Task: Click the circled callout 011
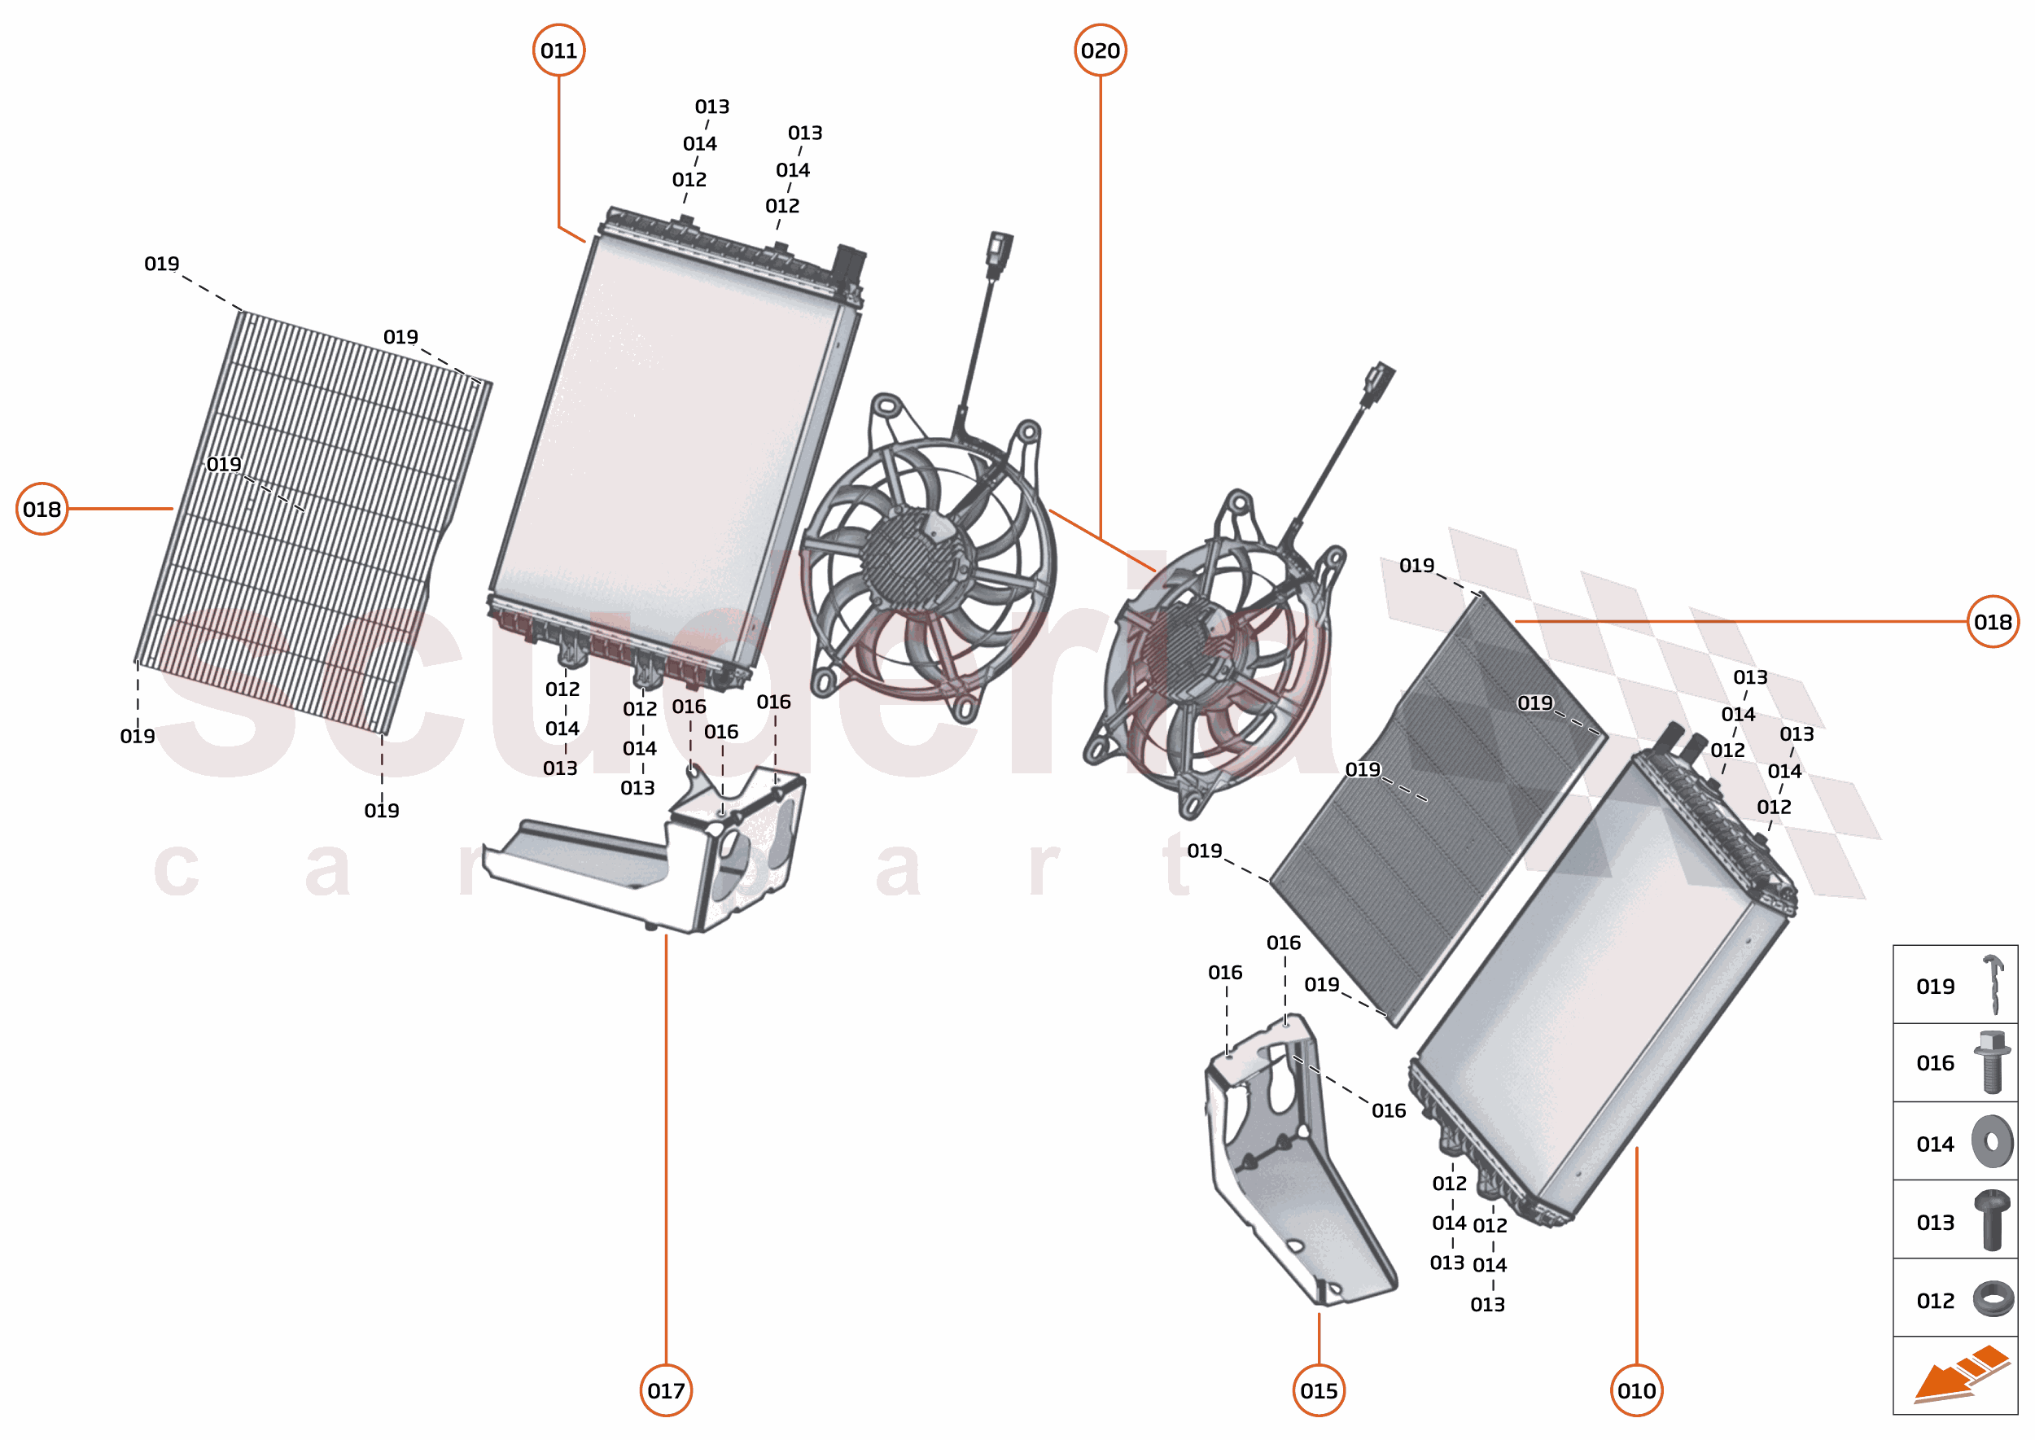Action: coord(558,50)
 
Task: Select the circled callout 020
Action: coord(1100,50)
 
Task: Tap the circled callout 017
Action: coord(666,1390)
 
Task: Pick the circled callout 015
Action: coord(1319,1390)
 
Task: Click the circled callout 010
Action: coord(1636,1390)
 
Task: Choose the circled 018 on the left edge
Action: coord(42,509)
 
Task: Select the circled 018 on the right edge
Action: coord(1993,622)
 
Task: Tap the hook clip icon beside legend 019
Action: coord(1993,984)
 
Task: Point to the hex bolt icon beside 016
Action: coord(1992,1062)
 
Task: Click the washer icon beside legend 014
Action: coord(1992,1142)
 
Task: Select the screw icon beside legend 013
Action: coord(1992,1221)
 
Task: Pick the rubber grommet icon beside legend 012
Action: coord(1992,1300)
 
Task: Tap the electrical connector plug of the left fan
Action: coord(1000,252)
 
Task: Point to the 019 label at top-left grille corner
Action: coord(161,264)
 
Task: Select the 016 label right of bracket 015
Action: coord(1389,1110)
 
